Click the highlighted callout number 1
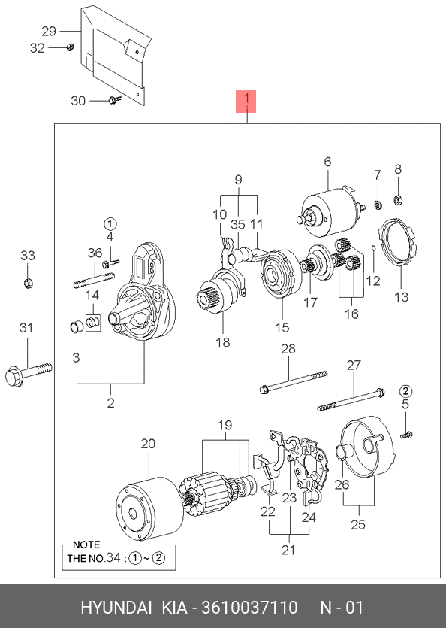pyautogui.click(x=246, y=102)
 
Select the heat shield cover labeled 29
pyautogui.click(x=114, y=54)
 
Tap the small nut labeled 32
pyautogui.click(x=69, y=47)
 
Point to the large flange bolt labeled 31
pyautogui.click(x=29, y=373)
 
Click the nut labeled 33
pyautogui.click(x=28, y=284)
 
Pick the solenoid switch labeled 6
pyautogui.click(x=330, y=211)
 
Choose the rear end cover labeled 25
pyautogui.click(x=366, y=451)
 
